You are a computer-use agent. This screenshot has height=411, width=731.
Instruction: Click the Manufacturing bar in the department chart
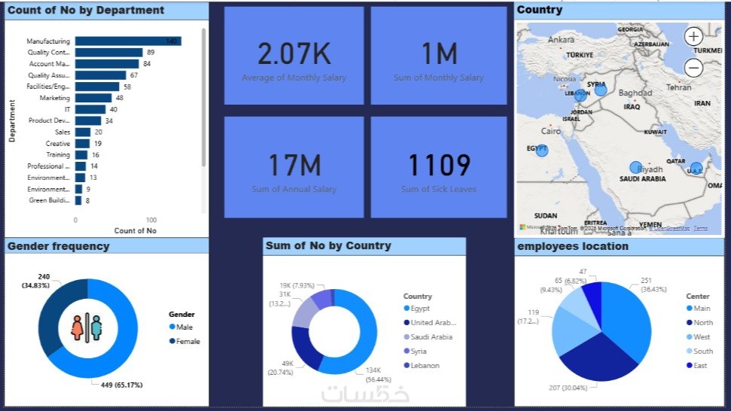coord(128,41)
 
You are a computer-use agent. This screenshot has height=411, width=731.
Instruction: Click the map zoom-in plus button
coord(694,36)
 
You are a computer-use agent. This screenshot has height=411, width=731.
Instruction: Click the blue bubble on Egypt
coord(542,150)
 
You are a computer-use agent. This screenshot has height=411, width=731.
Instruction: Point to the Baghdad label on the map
coord(635,93)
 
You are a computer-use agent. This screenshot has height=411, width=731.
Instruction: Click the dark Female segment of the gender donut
coord(54,312)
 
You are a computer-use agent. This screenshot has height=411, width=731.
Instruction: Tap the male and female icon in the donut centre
coord(87,328)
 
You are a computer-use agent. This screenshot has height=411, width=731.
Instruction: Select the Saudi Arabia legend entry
coord(431,336)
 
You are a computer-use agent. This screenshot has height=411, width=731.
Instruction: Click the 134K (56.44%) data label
coord(378,375)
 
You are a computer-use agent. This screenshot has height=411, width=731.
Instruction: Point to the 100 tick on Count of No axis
coord(151,220)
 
